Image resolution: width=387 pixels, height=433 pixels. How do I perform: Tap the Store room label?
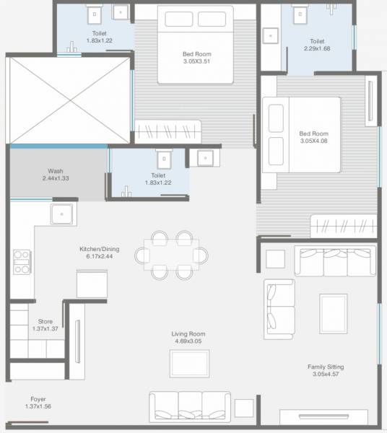pos(44,325)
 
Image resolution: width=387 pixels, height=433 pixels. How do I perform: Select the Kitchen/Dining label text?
pos(99,253)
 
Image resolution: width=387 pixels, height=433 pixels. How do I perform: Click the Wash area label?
pos(55,175)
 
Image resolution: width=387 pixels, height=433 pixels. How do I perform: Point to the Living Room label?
pos(188,338)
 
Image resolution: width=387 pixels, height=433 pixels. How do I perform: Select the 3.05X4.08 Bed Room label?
pos(314,137)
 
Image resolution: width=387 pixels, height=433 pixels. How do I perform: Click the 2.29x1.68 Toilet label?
pos(316,45)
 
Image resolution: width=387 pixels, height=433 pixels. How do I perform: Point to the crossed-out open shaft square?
pos(69,99)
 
